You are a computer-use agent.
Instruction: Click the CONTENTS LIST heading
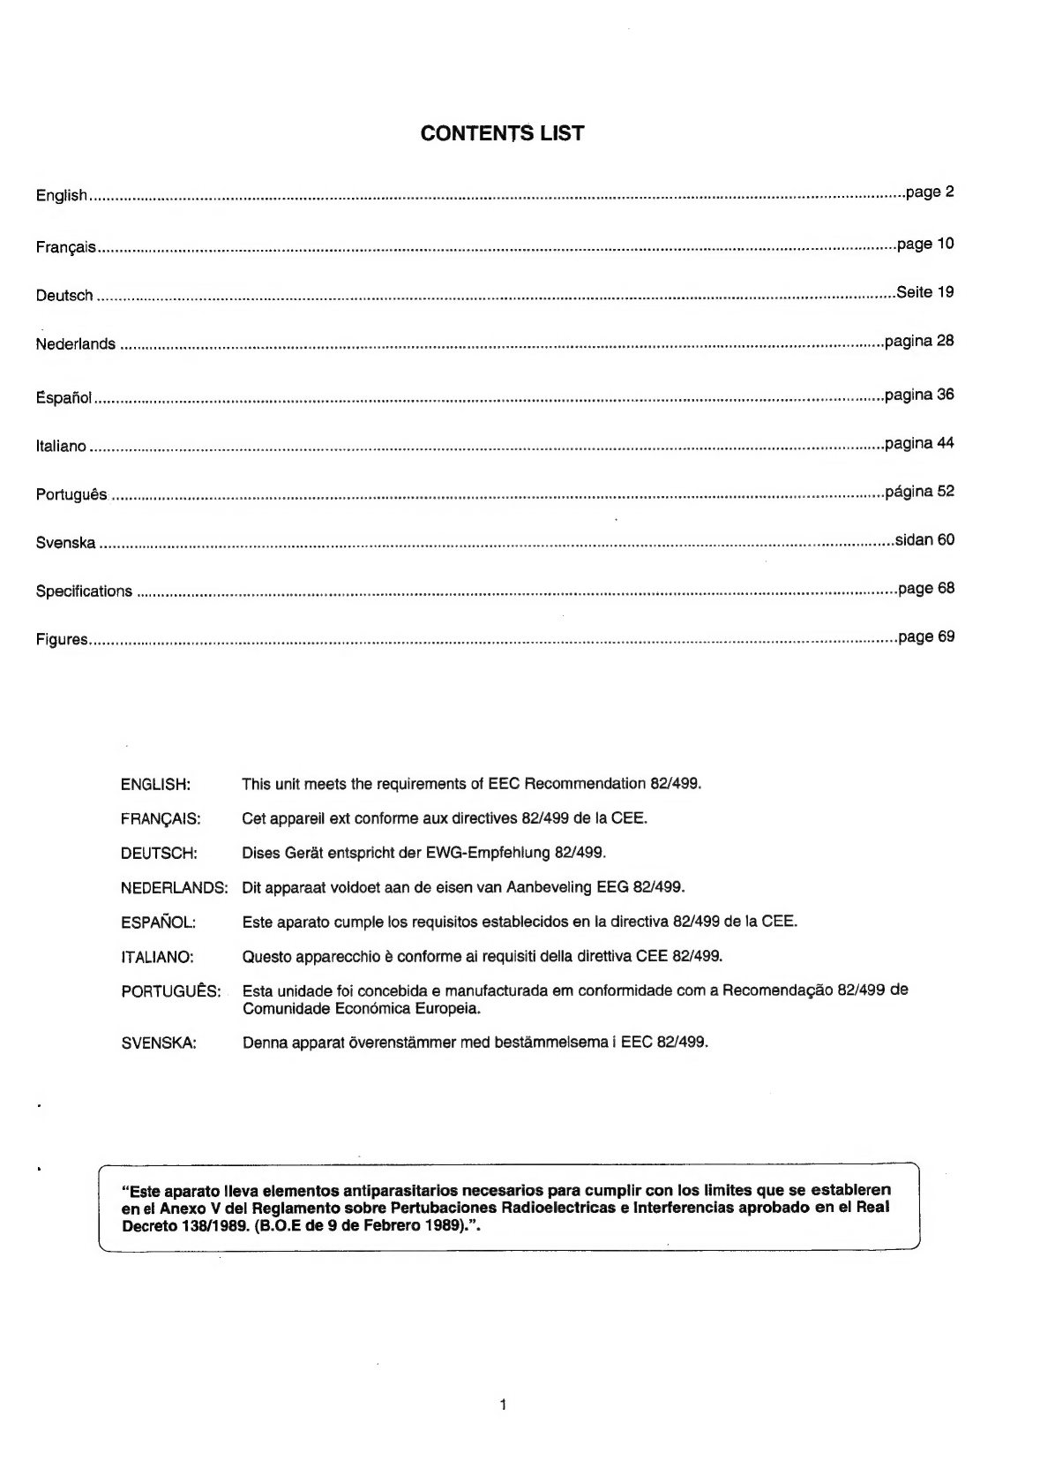[502, 133]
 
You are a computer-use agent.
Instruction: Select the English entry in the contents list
[61, 195]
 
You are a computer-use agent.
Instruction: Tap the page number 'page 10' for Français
[925, 244]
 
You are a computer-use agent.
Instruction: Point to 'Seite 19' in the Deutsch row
[924, 292]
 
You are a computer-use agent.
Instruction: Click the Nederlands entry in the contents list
[76, 344]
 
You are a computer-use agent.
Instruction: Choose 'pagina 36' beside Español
[919, 394]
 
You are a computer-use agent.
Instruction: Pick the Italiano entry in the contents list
[61, 447]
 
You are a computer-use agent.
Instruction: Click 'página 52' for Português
[919, 491]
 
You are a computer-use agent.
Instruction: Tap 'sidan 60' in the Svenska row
[924, 539]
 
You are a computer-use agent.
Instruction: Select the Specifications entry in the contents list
[84, 591]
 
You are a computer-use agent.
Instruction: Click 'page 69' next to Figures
[926, 636]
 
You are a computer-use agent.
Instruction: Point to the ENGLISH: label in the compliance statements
[155, 784]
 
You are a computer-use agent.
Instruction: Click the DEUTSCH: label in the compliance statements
[159, 853]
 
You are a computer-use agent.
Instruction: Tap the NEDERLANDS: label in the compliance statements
[174, 887]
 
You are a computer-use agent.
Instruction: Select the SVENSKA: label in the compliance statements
[158, 1043]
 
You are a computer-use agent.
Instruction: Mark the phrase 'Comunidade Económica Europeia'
[361, 1008]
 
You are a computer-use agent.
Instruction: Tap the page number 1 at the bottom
[503, 1404]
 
